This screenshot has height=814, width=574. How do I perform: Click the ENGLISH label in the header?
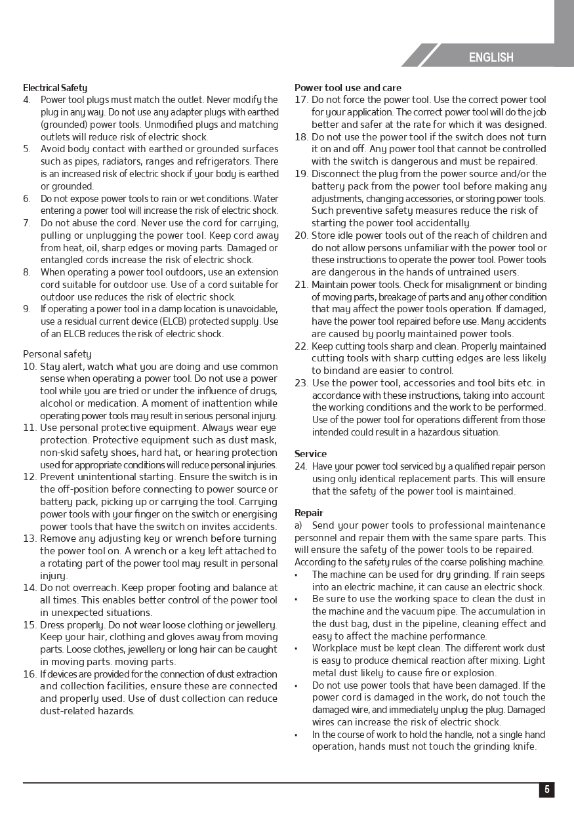pos(491,58)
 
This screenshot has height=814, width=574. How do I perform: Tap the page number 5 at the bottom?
pos(546,790)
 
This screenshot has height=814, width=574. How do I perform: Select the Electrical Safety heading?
pos(55,88)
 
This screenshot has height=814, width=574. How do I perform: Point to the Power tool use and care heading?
pos(348,88)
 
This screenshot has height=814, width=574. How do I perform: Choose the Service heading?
pos(310,454)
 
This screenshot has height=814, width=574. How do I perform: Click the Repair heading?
pos(309,513)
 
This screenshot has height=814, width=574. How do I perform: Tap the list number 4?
pos(27,100)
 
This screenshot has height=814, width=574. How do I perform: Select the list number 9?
pos(27,309)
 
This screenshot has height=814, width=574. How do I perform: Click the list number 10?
pos(30,367)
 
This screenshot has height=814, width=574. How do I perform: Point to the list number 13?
pos(30,539)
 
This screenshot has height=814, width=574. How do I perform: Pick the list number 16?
pos(30,674)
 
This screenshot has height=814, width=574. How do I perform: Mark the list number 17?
pos(301,100)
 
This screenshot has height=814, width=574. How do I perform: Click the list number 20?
pos(301,235)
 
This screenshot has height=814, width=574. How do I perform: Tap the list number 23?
pos(301,383)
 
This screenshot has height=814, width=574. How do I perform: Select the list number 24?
pos(301,466)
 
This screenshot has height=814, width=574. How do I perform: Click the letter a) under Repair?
pos(298,525)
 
